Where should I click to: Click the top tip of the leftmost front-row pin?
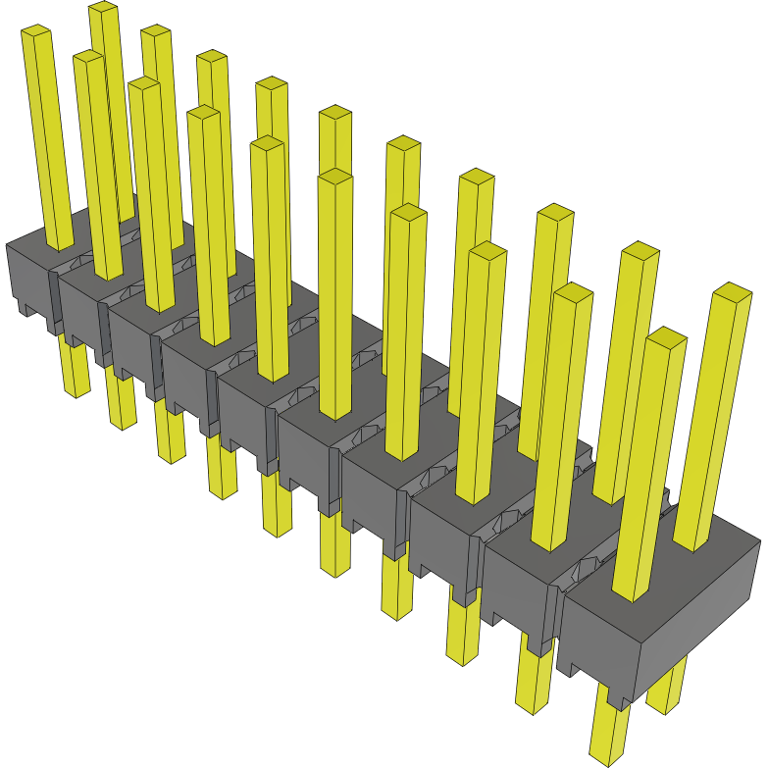click(x=35, y=32)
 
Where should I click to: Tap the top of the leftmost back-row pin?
click(x=103, y=9)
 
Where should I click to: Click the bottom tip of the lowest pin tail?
click(x=607, y=758)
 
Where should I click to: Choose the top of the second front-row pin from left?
click(x=88, y=58)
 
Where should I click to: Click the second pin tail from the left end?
click(x=120, y=402)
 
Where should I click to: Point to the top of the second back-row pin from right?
click(x=640, y=250)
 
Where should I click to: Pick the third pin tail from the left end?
click(x=170, y=436)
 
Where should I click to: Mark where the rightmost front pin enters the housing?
click(x=632, y=593)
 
